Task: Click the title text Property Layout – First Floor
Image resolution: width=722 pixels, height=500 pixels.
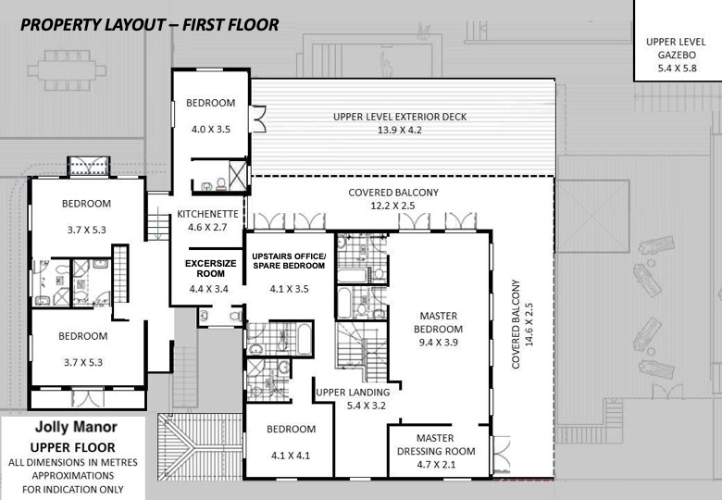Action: coord(149,25)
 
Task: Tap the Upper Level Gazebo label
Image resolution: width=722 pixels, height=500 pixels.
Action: coord(676,48)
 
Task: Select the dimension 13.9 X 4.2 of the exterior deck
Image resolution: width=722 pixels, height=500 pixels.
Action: coord(400,130)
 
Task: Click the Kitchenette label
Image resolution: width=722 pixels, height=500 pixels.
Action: coord(207,214)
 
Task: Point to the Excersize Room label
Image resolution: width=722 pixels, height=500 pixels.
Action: coord(210,269)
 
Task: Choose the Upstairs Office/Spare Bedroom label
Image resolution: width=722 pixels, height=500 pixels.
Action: coord(289,260)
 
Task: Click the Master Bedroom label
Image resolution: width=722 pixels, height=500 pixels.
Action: coord(438,322)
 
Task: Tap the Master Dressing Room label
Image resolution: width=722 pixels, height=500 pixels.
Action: coord(436,444)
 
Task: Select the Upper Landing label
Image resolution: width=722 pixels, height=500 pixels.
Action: coord(353,393)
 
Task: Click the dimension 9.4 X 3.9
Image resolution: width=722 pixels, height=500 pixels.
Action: coord(438,343)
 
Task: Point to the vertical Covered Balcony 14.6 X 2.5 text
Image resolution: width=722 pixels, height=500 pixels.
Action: coord(522,324)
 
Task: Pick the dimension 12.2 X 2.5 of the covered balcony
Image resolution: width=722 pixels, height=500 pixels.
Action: coord(392,206)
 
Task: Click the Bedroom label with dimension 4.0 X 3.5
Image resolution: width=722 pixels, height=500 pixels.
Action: coord(210,103)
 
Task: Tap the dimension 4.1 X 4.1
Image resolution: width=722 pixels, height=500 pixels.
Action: coord(291,456)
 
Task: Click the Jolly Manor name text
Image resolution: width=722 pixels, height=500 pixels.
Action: coord(76,427)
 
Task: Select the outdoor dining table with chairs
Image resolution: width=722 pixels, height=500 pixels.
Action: coord(67,70)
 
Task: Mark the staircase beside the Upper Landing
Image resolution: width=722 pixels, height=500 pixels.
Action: coord(362,351)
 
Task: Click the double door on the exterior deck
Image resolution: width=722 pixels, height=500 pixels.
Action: coord(258,119)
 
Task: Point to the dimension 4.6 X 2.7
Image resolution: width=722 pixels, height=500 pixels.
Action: coord(207,227)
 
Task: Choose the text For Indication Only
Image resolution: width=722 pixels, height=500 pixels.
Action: coord(73,490)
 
